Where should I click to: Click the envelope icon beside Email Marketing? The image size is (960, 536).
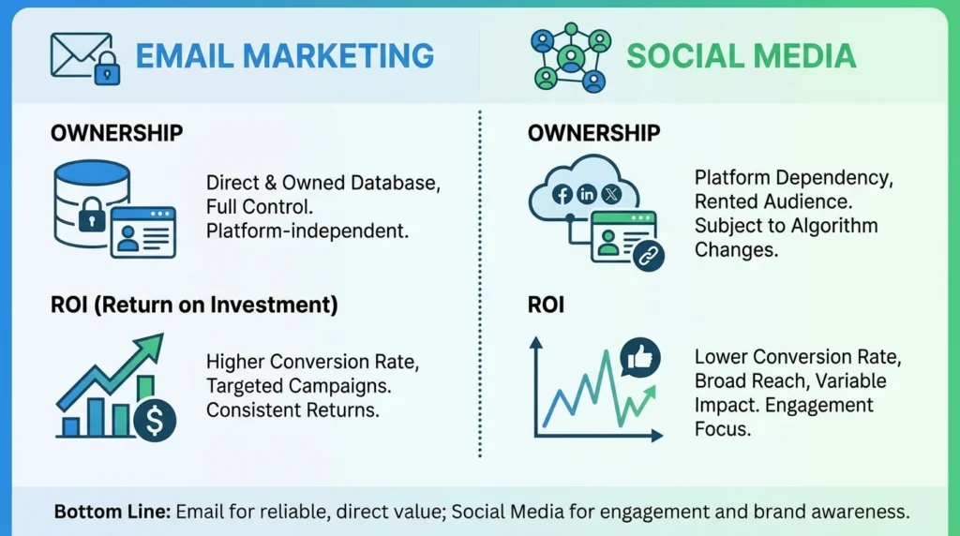pos(78,53)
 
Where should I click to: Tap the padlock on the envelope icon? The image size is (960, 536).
pos(106,67)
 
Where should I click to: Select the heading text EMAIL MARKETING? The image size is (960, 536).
pos(285,55)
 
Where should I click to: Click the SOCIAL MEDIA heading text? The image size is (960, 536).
pos(741,55)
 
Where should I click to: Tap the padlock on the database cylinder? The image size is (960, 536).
pos(92,219)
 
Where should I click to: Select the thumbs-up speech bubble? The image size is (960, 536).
pos(640,357)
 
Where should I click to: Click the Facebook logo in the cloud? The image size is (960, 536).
pos(562,195)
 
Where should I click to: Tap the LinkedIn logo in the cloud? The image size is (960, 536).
pos(588,195)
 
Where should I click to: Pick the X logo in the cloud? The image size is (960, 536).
pos(612,195)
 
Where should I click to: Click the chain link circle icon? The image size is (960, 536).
pos(647,256)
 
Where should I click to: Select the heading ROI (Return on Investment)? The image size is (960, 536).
pos(194,305)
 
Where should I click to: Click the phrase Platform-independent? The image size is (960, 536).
pos(307,230)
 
